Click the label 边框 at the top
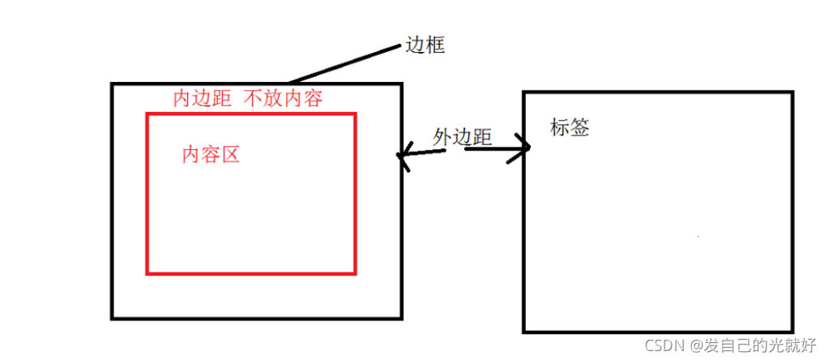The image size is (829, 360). pyautogui.click(x=425, y=46)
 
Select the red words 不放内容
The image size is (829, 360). pyautogui.click(x=283, y=99)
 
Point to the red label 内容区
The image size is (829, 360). pyautogui.click(x=211, y=154)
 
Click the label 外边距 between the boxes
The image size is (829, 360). pyautogui.click(x=463, y=137)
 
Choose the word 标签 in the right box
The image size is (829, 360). pyautogui.click(x=570, y=127)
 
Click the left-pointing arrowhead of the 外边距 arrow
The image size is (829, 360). pyautogui.click(x=402, y=159)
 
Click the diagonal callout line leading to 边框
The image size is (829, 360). pyautogui.click(x=345, y=63)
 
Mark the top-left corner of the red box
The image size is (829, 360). pyautogui.click(x=147, y=114)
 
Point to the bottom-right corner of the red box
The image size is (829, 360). pyautogui.click(x=355, y=272)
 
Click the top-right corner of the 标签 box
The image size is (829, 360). pyautogui.click(x=793, y=92)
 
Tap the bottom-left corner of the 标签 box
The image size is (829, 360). pyautogui.click(x=525, y=331)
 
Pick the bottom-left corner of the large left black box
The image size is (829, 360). pyautogui.click(x=112, y=317)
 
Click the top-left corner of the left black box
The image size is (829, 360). pyautogui.click(x=112, y=84)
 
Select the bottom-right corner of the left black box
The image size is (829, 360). pyautogui.click(x=401, y=317)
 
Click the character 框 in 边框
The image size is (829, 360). pyautogui.click(x=436, y=46)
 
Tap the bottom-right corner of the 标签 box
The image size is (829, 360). pyautogui.click(x=793, y=331)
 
